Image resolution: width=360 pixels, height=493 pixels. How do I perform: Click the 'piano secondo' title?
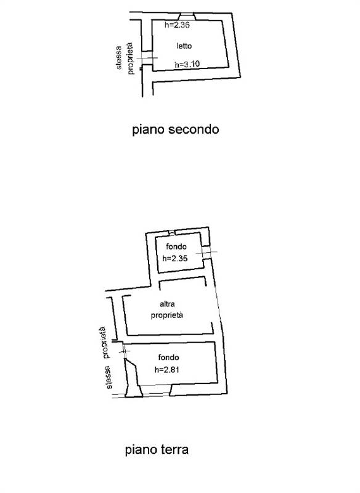176,129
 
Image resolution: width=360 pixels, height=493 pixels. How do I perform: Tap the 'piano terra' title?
157,450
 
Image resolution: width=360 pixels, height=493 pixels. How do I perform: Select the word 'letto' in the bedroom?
184,46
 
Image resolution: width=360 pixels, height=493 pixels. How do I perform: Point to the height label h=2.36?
177,25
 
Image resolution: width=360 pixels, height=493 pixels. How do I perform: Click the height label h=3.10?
187,64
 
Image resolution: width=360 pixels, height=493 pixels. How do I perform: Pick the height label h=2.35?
175,258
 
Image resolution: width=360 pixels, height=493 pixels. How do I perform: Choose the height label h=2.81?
167,369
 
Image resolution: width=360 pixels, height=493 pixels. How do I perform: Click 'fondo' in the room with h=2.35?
176,246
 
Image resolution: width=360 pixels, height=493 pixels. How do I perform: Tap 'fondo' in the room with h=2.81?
168,357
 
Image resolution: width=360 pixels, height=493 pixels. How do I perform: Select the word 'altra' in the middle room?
167,304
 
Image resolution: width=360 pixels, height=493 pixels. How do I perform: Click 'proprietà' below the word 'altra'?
167,316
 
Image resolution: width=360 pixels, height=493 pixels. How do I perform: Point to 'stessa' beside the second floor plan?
118,58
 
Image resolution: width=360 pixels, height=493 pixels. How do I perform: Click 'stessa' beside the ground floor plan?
108,377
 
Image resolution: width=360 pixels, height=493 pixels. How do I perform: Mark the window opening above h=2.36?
187,17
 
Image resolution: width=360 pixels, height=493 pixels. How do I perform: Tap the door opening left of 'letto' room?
147,57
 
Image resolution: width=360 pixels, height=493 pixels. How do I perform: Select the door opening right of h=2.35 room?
207,253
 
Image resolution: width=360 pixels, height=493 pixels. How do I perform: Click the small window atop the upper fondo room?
171,233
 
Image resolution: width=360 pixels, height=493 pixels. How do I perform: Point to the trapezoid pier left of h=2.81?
133,378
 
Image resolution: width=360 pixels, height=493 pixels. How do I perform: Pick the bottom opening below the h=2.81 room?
156,390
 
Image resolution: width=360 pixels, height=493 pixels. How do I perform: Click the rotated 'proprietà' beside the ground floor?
105,343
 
